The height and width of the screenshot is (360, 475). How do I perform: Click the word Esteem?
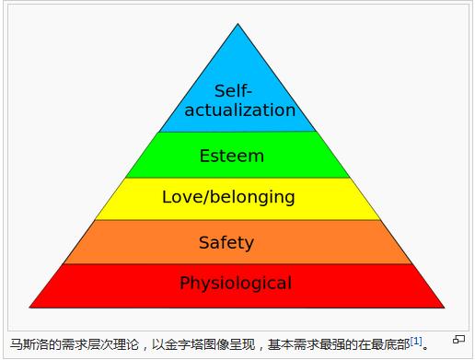232,156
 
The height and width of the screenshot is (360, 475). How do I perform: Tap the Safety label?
226,243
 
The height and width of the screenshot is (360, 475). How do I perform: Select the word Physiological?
236,283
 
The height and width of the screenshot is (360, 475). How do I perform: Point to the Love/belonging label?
228,197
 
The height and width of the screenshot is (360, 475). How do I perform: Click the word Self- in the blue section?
233,91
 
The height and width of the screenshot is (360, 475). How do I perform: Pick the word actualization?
240,110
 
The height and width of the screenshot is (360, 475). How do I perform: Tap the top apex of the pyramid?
237,23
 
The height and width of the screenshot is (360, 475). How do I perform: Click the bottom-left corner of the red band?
29,308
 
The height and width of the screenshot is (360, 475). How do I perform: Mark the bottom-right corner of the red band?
445,308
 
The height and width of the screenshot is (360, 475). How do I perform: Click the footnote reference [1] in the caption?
416,341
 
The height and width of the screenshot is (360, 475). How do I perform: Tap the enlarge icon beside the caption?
458,340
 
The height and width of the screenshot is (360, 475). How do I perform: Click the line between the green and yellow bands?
237,178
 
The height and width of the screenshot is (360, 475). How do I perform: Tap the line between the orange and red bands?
237,263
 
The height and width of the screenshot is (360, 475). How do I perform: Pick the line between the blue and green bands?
237,132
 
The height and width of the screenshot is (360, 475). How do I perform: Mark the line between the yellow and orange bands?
237,220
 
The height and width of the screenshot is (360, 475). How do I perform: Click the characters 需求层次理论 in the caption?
100,344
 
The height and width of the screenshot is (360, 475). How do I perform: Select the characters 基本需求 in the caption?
294,344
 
